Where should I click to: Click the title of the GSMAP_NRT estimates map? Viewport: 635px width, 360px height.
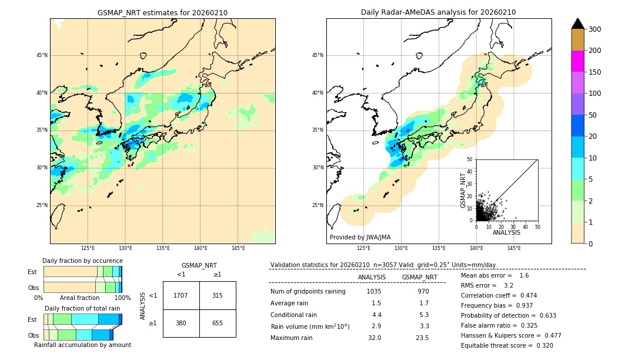pos(162,12)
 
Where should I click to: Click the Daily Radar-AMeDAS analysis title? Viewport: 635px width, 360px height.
pos(438,12)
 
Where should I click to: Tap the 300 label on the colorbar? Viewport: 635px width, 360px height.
pos(594,29)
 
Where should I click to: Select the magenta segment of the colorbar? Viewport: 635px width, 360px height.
pos(577,61)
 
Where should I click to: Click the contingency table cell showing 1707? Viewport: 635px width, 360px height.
pos(181,295)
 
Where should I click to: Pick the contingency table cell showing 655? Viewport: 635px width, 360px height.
pos(218,323)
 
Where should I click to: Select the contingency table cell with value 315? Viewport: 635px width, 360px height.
pos(218,295)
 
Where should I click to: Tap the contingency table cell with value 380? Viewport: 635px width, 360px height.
pos(181,323)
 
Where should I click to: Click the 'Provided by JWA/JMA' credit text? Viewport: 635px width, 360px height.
pos(360,238)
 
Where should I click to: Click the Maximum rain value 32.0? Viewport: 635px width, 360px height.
pos(375,338)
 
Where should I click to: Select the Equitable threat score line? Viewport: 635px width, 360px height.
pos(507,345)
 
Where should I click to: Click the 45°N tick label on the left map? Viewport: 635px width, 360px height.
pos(42,55)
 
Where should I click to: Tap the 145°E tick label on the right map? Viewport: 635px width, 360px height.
pos(514,249)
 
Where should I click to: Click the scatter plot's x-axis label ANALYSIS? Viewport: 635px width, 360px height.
pos(506,233)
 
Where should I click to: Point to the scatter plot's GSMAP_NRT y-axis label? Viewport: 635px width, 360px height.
pos(463,189)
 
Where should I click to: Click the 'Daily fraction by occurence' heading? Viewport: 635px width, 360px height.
pos(82,261)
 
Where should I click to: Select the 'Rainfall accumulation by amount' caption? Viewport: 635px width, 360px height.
pos(82,345)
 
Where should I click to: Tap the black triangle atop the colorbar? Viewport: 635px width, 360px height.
pos(577,24)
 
